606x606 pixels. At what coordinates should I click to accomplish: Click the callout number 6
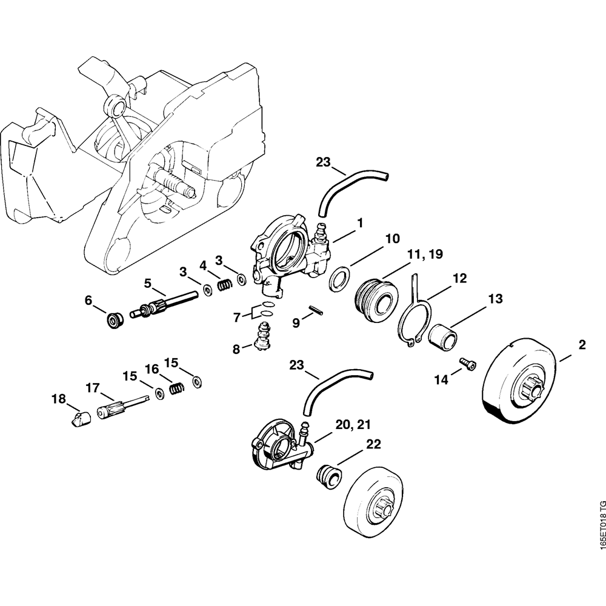[x=88, y=299]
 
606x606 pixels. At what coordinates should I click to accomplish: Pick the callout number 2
[x=582, y=345]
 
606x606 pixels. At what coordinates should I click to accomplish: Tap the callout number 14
[x=441, y=380]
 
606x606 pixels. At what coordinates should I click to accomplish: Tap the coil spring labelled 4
[x=224, y=282]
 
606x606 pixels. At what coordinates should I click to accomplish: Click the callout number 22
[x=373, y=445]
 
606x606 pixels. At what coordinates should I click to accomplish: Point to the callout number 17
[x=92, y=387]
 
